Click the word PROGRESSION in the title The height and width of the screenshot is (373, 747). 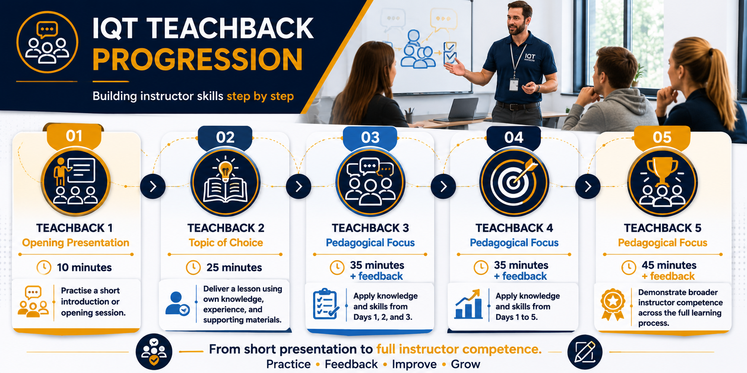197,59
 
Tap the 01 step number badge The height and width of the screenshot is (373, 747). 74,136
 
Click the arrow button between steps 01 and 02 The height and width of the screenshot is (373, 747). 153,186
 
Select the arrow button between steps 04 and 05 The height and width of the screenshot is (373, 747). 588,186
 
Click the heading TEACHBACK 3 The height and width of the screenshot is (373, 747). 370,228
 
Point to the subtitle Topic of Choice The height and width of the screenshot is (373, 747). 226,243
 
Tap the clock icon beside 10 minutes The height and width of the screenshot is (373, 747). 44,267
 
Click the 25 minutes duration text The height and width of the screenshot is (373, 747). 234,267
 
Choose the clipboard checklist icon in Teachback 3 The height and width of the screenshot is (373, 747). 326,304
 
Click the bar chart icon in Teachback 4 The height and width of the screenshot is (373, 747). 468,304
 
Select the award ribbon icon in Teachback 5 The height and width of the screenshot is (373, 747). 613,305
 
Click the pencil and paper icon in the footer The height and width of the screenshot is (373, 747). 585,352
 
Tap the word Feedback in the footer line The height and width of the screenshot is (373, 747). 351,364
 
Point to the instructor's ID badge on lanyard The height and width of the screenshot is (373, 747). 514,85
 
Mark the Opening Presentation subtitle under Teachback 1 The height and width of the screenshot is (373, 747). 76,243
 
